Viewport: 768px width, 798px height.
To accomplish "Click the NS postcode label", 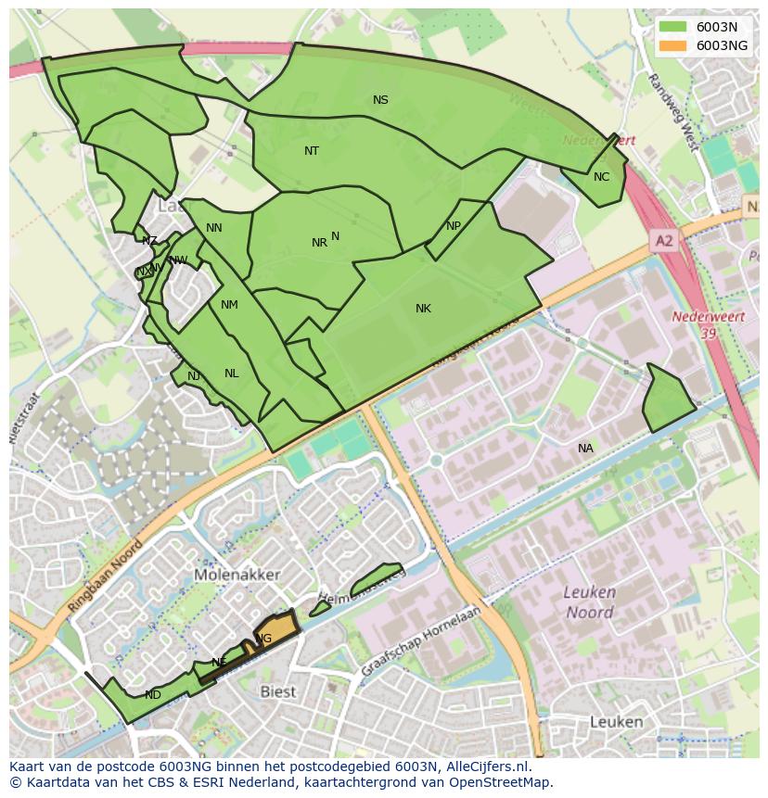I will coord(380,100).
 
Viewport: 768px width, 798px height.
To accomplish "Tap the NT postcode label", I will coord(312,151).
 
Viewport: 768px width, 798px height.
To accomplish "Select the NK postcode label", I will coord(423,309).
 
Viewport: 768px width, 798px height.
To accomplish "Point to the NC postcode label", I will coord(601,177).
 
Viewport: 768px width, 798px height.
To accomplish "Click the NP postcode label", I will coord(454,226).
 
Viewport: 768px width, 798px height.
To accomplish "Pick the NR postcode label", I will coord(319,243).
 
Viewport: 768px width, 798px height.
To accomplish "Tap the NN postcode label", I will coord(214,228).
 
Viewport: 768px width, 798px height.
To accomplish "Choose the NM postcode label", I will coord(229,305).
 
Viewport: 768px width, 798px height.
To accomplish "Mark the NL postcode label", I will coord(231,374).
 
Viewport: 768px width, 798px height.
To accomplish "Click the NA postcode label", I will coord(585,449).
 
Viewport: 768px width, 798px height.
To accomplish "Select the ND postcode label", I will coord(153,695).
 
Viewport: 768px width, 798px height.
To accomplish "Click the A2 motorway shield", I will coord(663,241).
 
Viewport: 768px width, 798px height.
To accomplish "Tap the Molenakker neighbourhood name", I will coord(237,575).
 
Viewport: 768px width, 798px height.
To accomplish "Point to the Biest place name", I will coord(278,691).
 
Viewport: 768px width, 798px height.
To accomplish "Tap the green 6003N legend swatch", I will coord(673,27).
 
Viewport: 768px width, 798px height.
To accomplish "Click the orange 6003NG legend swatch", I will coord(673,44).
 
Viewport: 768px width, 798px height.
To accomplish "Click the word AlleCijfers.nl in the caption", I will coord(484,766).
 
